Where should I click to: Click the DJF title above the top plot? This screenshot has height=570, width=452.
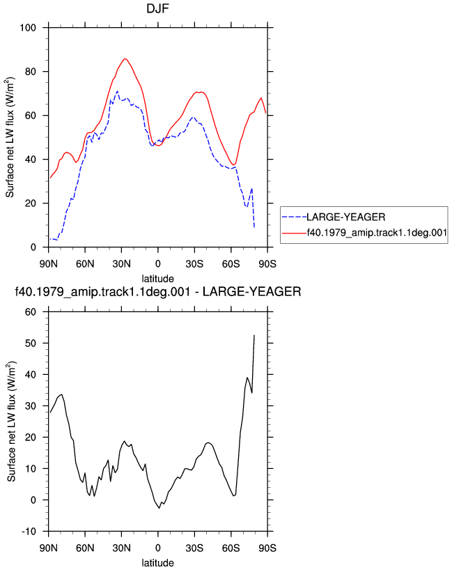click(x=157, y=8)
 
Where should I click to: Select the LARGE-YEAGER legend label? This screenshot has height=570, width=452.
click(x=346, y=217)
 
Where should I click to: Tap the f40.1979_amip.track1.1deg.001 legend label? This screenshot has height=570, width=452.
click(x=377, y=232)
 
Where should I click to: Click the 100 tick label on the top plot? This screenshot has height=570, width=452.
click(x=28, y=28)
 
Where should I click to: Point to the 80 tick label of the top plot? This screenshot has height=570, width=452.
click(x=31, y=72)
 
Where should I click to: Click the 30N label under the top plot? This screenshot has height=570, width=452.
click(x=121, y=263)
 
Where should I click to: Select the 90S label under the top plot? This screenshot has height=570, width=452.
click(x=267, y=263)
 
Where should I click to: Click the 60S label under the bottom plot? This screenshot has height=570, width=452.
click(x=231, y=548)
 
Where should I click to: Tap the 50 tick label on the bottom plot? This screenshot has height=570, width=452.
click(x=31, y=343)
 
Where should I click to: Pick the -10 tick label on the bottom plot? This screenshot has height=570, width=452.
click(x=29, y=532)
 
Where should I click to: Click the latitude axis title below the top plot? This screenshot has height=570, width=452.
click(x=157, y=279)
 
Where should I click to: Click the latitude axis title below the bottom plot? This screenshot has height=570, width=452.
click(x=157, y=563)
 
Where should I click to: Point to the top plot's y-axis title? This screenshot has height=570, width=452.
click(x=10, y=137)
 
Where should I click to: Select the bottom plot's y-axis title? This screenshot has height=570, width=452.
click(x=11, y=422)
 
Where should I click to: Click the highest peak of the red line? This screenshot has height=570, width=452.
click(x=125, y=59)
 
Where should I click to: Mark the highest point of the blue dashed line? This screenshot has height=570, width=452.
click(x=117, y=91)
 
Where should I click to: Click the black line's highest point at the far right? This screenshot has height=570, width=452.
click(x=254, y=335)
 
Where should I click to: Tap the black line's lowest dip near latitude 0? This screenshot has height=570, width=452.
click(x=159, y=508)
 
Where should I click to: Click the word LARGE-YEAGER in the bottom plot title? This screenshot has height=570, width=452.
click(x=252, y=291)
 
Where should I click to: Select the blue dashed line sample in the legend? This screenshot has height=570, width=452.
click(x=295, y=217)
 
